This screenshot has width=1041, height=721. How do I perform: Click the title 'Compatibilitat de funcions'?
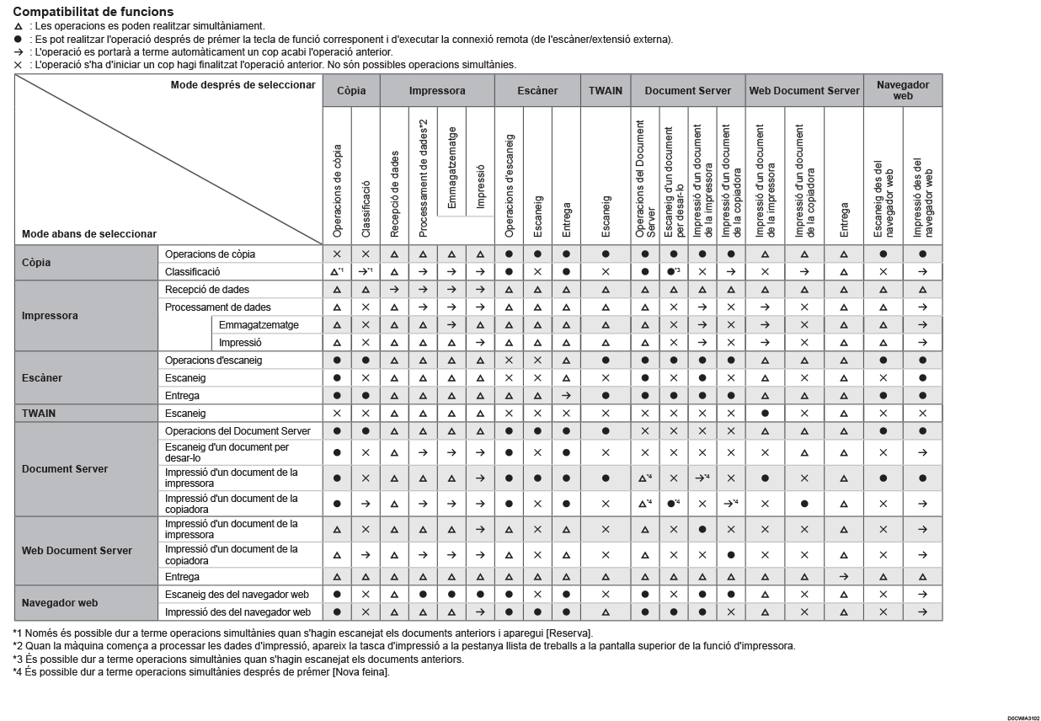tap(93, 12)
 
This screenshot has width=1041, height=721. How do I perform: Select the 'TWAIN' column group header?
tap(604, 90)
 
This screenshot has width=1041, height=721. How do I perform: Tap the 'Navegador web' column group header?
tap(903, 90)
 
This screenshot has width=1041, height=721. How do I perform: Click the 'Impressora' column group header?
tap(436, 90)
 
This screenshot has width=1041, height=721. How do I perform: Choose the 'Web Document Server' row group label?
tap(77, 551)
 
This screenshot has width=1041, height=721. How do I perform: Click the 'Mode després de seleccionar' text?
tap(243, 85)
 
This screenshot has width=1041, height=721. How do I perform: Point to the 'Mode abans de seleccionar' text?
tap(89, 234)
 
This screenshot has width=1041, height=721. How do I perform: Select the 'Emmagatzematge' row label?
tap(259, 325)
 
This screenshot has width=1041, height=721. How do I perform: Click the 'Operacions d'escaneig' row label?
tap(214, 360)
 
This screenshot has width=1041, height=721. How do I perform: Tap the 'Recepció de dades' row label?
tap(207, 290)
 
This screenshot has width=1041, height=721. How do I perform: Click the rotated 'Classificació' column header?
tap(366, 211)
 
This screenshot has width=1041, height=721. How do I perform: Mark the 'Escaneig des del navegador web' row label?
tap(237, 595)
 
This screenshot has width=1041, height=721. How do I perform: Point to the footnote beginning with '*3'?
tap(238, 660)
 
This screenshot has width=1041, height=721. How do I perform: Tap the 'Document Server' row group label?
tap(65, 469)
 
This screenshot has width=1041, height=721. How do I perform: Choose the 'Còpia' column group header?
tap(351, 90)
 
